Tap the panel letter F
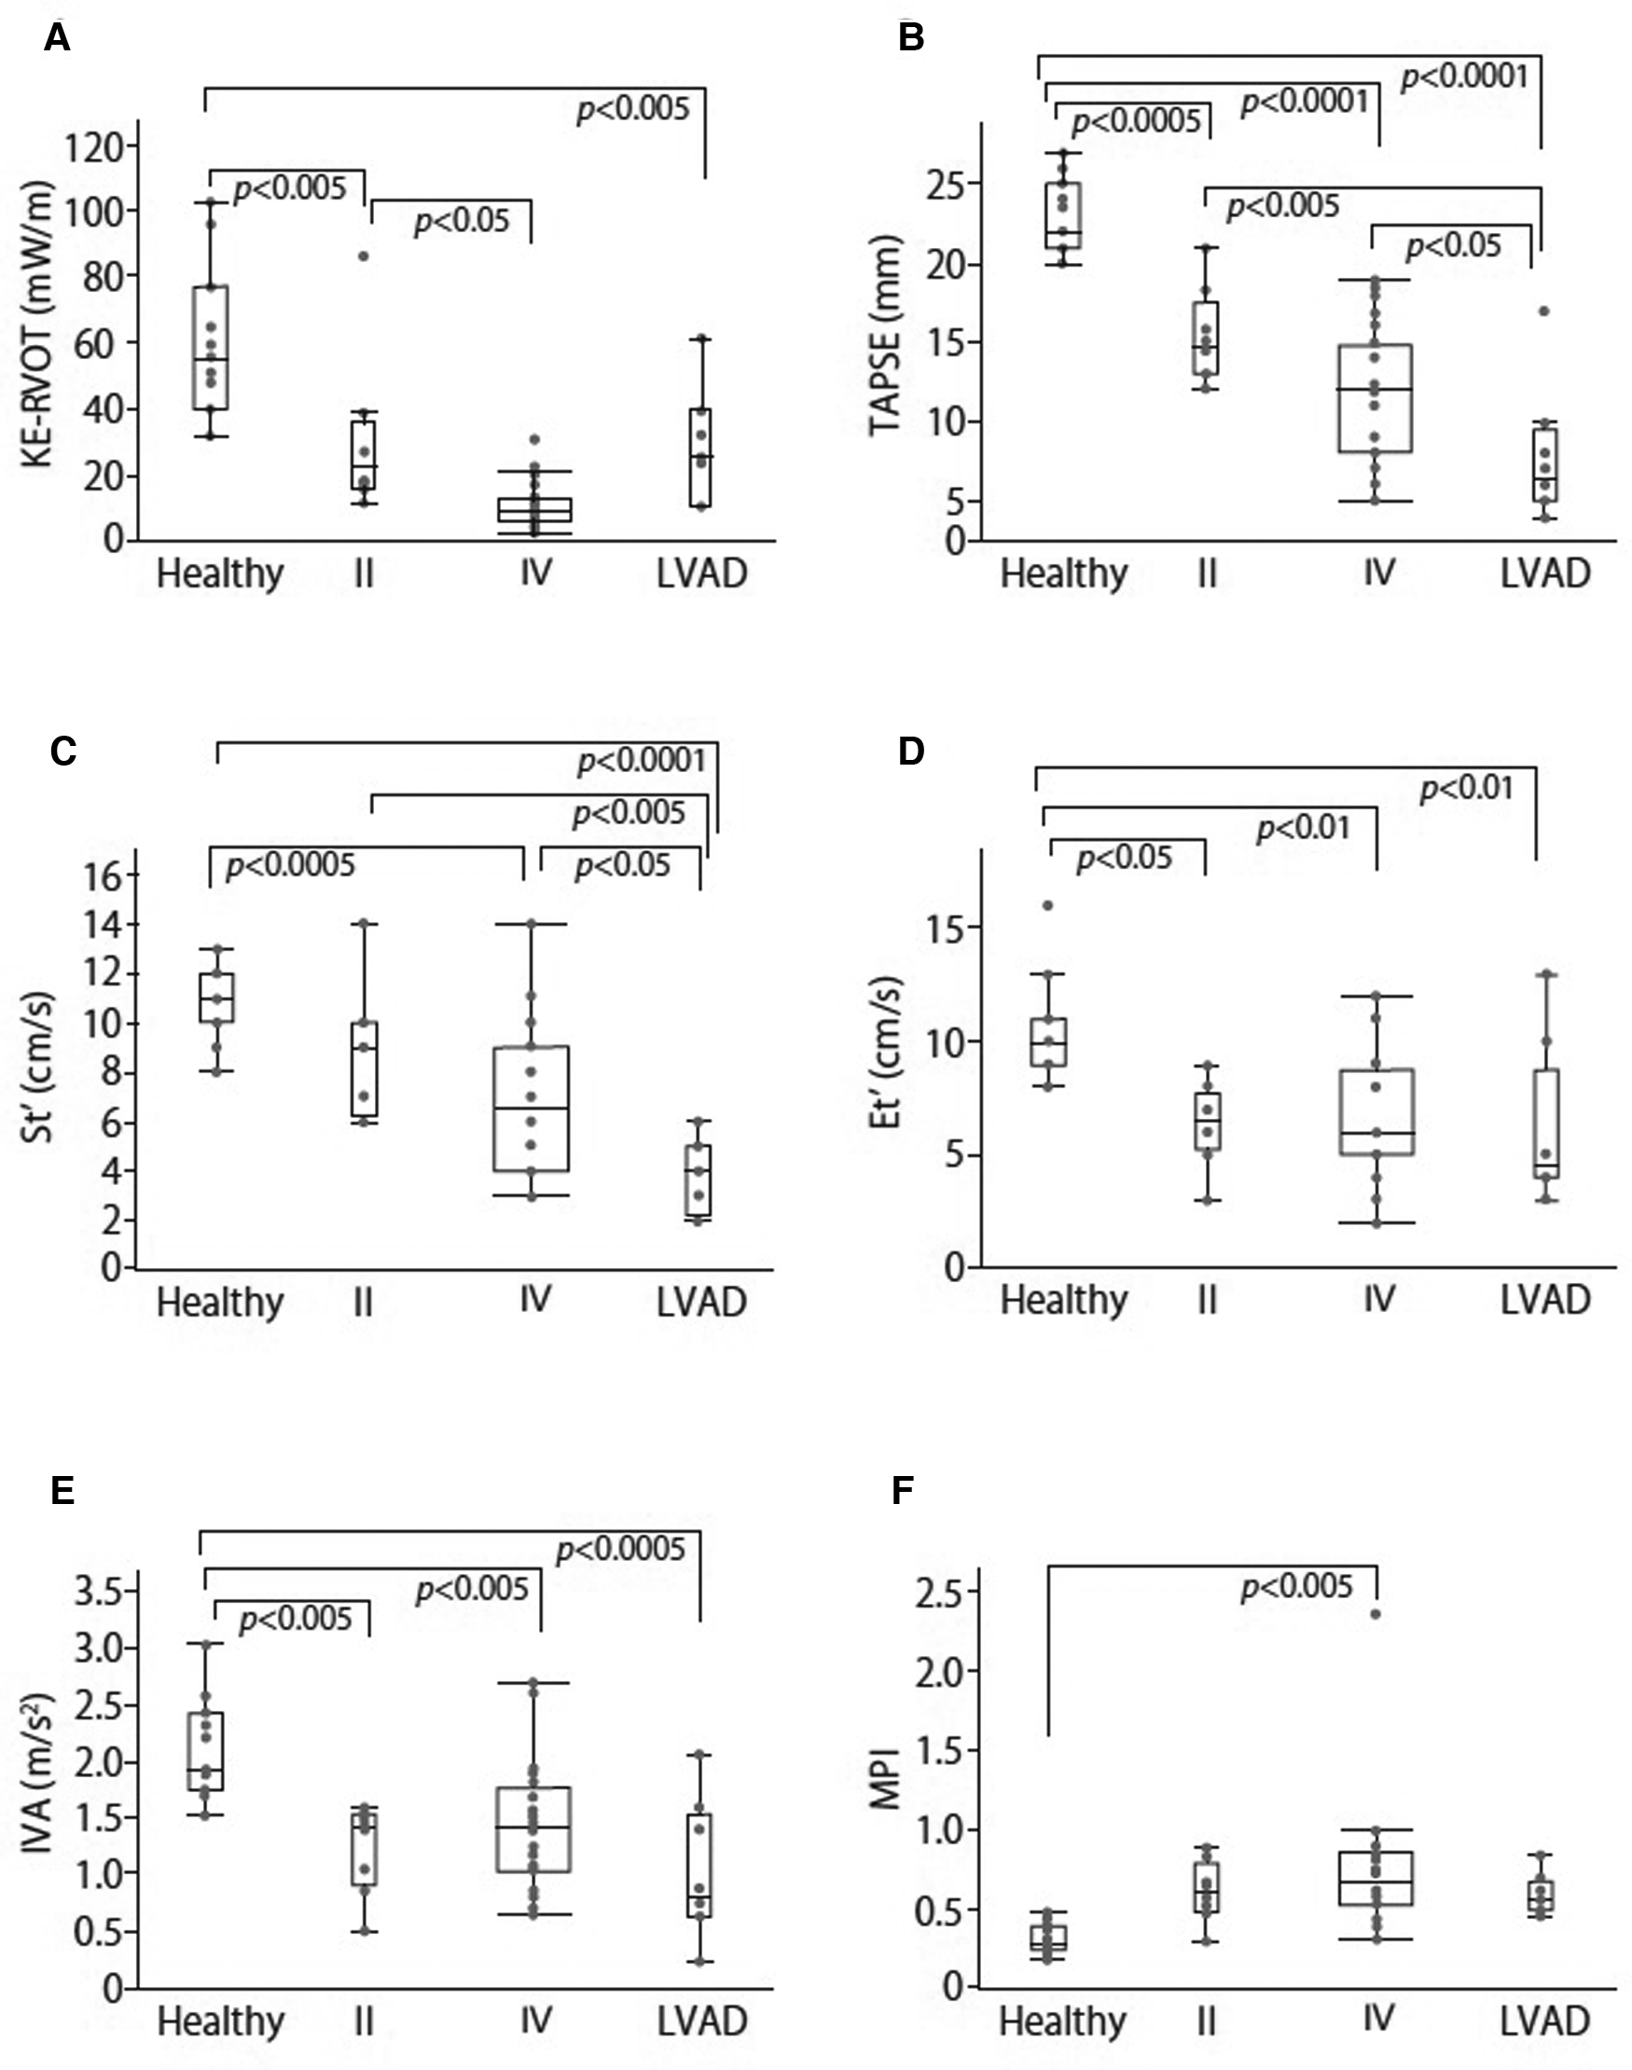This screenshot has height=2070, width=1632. (902, 1490)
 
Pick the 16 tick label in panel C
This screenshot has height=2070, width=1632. (104, 876)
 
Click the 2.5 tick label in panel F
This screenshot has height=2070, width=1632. (945, 1592)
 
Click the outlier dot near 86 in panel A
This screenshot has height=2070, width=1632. (363, 256)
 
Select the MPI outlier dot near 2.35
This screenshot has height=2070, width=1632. (1376, 1614)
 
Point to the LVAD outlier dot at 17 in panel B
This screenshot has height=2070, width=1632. (1543, 311)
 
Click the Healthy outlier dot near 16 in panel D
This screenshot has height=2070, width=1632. (1047, 905)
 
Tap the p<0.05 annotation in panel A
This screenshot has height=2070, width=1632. (462, 222)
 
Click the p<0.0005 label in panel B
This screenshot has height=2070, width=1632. (1135, 121)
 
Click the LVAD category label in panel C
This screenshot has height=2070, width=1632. (700, 1302)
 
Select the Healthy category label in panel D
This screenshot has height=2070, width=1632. (1062, 1300)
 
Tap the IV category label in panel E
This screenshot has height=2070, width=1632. (536, 2021)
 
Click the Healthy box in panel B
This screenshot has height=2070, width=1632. (1063, 215)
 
